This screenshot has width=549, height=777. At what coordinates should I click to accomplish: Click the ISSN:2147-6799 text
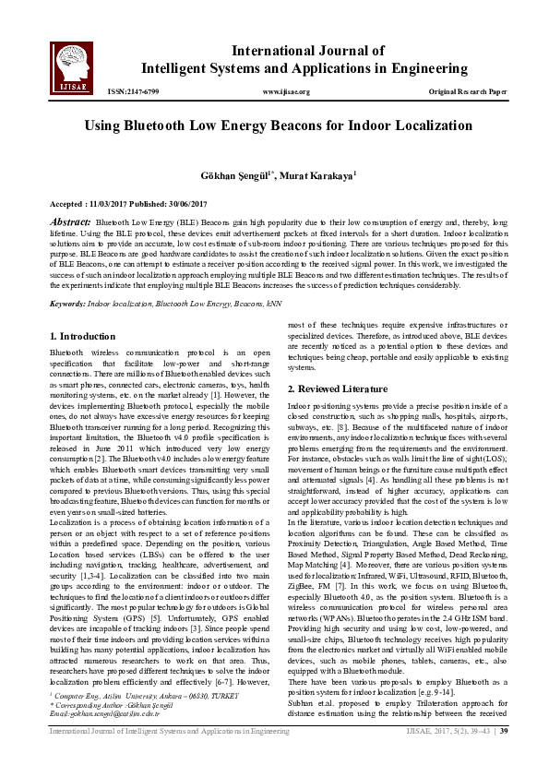pyautogui.click(x=133, y=92)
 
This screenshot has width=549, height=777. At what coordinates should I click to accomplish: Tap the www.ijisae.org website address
pyautogui.click(x=286, y=92)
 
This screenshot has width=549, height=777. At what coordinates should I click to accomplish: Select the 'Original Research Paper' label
pyautogui.click(x=468, y=92)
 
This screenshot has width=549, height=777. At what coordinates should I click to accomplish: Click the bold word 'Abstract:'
pyautogui.click(x=70, y=222)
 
